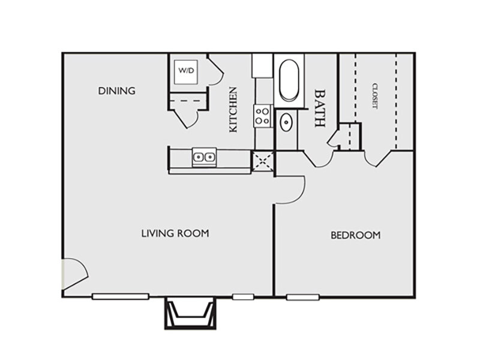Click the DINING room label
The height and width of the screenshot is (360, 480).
tap(116, 91)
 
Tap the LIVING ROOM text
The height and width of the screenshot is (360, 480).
tap(175, 233)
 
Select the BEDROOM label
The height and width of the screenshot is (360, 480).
tap(356, 235)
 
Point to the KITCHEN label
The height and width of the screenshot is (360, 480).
tap(233, 110)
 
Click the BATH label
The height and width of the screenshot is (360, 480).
tap(320, 108)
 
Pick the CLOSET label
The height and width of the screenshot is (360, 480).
tap(374, 96)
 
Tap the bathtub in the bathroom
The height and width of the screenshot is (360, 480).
tap(289, 80)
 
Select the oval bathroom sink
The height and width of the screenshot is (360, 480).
tap(287, 122)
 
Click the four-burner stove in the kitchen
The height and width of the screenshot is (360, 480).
tap(262, 116)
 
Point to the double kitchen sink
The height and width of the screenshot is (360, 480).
tap(204, 157)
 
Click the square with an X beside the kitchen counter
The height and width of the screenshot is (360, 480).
tap(263, 161)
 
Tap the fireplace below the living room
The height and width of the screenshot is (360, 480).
tap(190, 313)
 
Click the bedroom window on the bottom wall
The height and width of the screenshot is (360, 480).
tap(303, 297)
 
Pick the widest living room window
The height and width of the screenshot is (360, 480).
tap(121, 296)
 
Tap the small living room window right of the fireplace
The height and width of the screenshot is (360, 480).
tap(243, 296)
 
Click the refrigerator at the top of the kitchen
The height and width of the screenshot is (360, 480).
tap(262, 66)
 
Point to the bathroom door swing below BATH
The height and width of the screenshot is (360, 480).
tap(319, 160)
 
